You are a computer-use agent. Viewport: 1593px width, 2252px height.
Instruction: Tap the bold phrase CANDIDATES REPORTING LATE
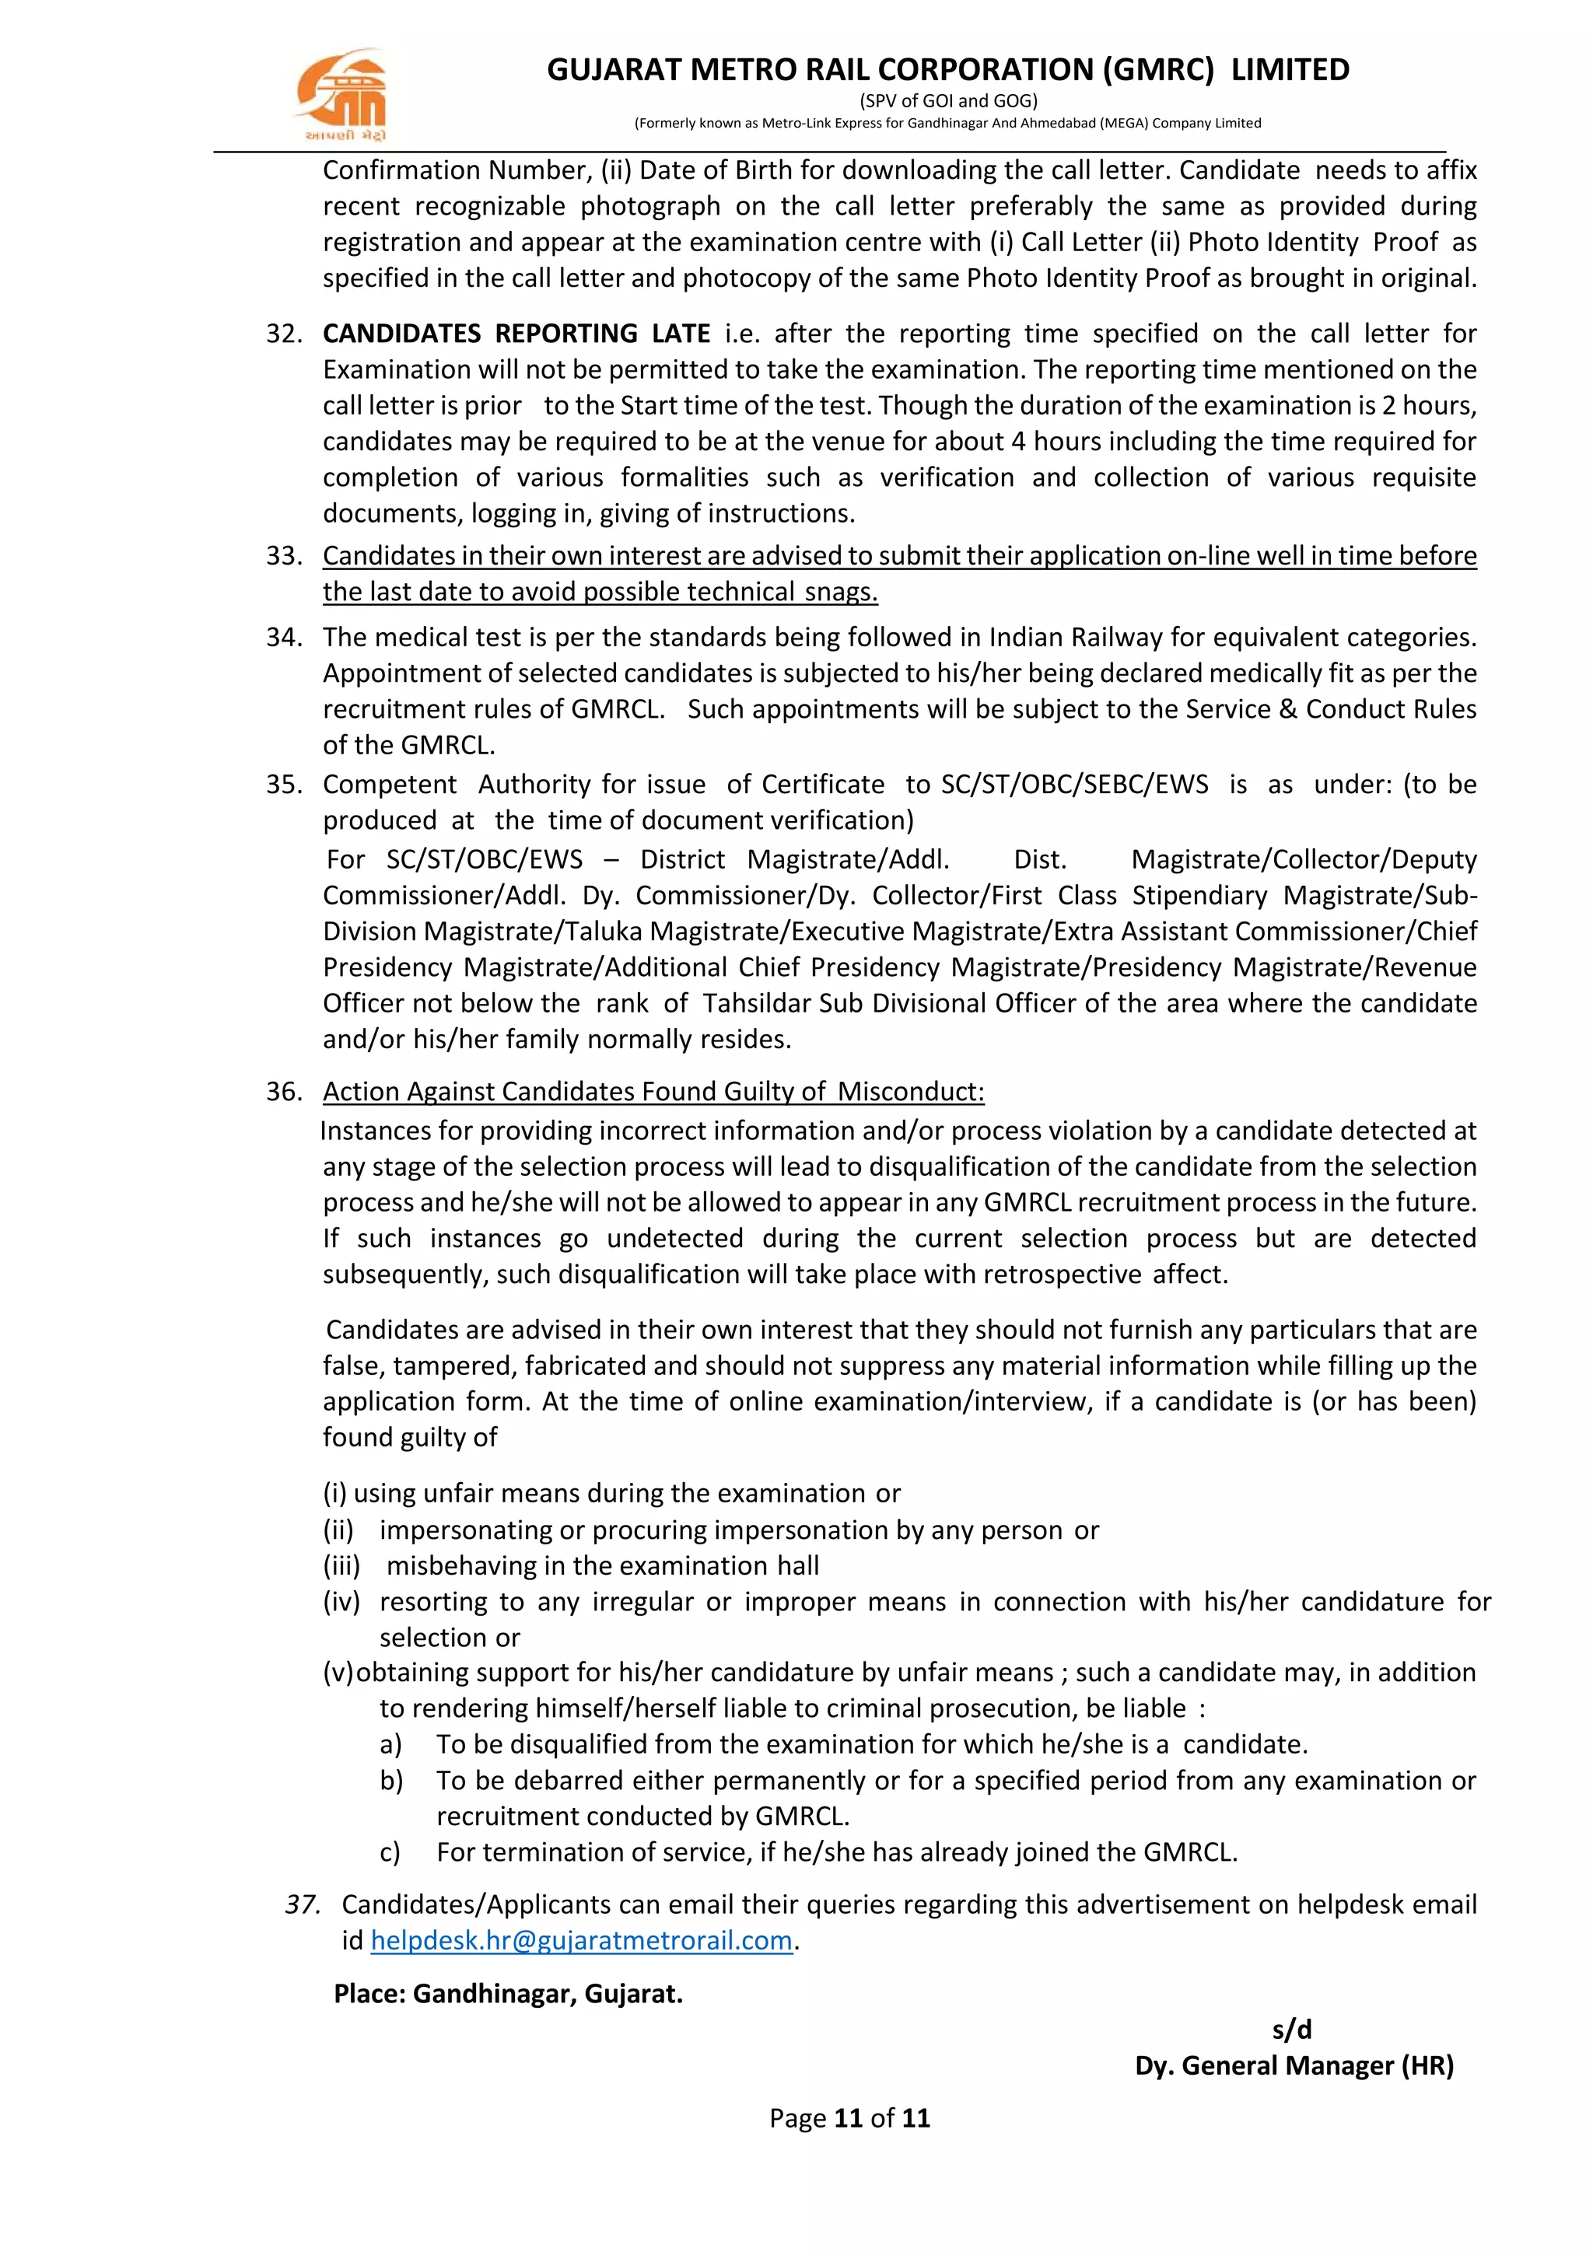click(516, 334)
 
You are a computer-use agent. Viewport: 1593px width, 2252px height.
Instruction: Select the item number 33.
click(283, 556)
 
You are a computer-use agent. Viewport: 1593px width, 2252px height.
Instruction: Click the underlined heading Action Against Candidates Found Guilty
click(653, 1092)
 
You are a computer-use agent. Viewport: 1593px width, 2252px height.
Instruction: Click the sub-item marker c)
click(390, 1852)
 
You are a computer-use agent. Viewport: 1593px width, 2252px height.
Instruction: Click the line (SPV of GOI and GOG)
click(947, 100)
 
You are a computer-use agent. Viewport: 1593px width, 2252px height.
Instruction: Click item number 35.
click(283, 785)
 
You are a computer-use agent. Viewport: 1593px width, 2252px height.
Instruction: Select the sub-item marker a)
click(390, 1744)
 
